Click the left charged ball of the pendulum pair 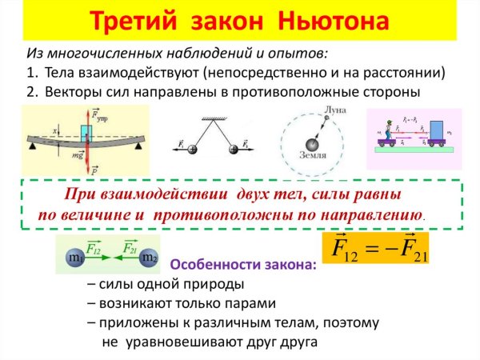point(192,150)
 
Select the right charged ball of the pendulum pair point(232,150)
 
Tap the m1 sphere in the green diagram point(74,258)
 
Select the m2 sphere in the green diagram point(149,258)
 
